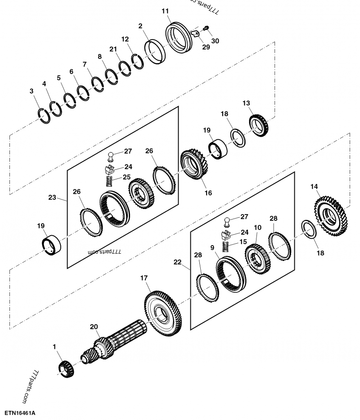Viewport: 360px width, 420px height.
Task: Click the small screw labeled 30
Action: (207, 29)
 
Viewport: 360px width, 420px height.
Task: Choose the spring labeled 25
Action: (108, 182)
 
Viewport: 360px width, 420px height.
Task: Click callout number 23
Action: (52, 197)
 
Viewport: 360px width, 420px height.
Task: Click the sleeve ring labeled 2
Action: (155, 53)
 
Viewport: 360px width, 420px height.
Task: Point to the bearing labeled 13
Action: (259, 125)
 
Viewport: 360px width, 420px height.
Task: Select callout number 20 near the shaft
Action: (94, 327)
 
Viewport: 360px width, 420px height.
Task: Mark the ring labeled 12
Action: (139, 60)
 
